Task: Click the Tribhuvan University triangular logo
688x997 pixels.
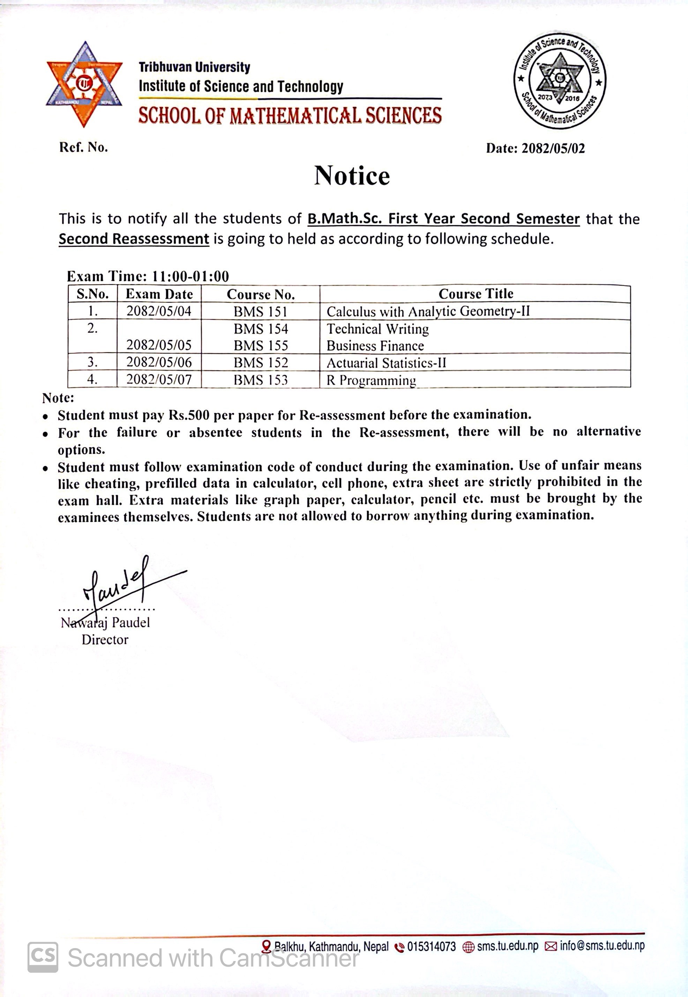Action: point(84,84)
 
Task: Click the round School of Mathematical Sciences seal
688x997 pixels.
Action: point(560,81)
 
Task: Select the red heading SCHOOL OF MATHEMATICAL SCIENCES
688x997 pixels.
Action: point(290,116)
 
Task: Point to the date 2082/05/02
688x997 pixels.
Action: point(553,149)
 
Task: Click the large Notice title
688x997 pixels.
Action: point(352,176)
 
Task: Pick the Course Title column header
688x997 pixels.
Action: point(476,294)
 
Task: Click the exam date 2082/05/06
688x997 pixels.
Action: point(159,362)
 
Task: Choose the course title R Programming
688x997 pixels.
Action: point(371,380)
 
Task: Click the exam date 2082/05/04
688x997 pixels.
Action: point(159,311)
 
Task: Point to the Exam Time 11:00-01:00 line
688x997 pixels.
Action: point(148,276)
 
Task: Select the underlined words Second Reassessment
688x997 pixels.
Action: point(134,239)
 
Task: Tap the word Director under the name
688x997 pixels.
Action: point(105,639)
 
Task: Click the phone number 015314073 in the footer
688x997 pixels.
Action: point(431,946)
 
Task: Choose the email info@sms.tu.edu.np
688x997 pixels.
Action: point(602,946)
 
